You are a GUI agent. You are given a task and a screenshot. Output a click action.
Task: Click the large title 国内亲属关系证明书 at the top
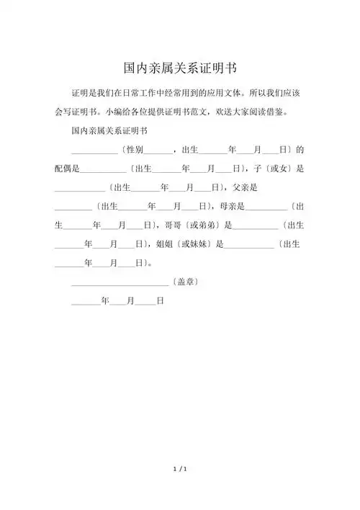(180, 68)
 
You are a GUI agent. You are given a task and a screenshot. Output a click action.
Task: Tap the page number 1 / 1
(180, 470)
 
